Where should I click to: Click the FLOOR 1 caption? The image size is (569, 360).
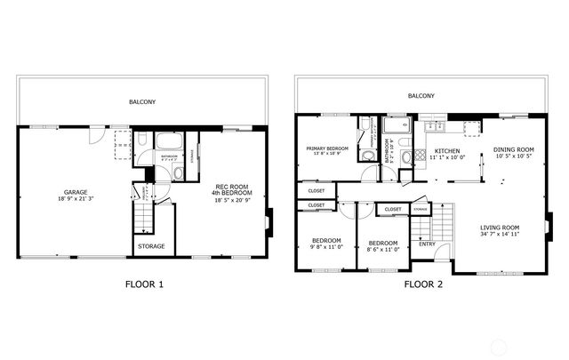142,285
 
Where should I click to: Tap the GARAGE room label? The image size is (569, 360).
75,192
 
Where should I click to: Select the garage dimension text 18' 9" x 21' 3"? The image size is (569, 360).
75,200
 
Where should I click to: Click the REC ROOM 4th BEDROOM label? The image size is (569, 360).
231,189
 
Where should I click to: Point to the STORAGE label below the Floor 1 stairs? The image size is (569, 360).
150,246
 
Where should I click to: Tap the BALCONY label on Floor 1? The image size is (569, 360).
142,102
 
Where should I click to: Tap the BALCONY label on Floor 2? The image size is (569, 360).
421,96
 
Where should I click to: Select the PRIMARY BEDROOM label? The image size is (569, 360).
327,148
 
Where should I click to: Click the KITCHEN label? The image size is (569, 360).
446,151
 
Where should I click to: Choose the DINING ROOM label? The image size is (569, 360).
514,149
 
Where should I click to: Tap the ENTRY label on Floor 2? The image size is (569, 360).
428,244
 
